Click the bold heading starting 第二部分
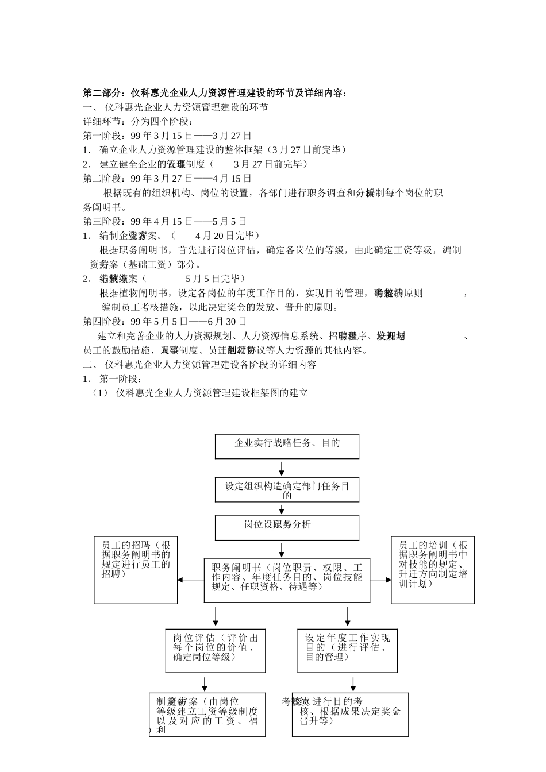(215, 93)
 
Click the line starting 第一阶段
(167, 136)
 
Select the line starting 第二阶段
(167, 179)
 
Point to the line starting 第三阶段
(165, 221)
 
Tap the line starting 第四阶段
(165, 321)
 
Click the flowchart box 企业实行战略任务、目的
(287, 446)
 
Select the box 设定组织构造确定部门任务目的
(287, 489)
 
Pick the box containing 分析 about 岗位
(287, 527)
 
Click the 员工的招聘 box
(136, 570)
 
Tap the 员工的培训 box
(433, 570)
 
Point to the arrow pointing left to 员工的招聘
(190, 580)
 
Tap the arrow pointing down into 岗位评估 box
(216, 616)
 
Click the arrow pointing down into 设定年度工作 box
(348, 616)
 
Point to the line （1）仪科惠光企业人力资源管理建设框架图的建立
(201, 393)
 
